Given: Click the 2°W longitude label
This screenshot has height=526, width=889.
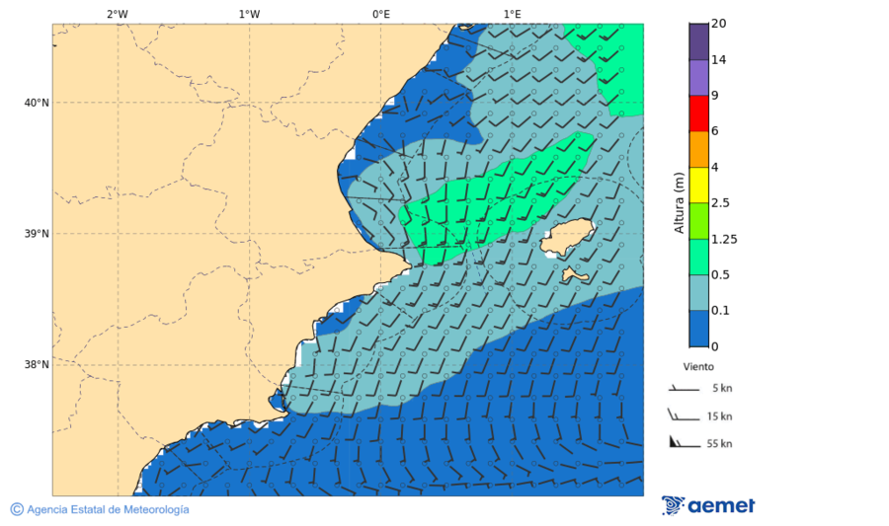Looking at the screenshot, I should [117, 14].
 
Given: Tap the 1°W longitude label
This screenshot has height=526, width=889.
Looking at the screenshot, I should [249, 14].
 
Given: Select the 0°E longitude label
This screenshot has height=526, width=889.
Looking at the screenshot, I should [380, 14].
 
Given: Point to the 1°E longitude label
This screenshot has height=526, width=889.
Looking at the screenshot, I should [512, 14].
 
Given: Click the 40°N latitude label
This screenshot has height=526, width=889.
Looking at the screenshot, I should [37, 103].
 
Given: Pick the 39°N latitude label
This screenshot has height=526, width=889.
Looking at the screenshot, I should [37, 234].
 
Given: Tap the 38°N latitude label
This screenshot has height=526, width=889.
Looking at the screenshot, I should [37, 365].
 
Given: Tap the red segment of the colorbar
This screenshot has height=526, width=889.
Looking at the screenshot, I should [698, 113].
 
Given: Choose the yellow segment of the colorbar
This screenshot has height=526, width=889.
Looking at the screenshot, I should [698, 185].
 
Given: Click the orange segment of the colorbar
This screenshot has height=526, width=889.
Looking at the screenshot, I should [698, 149].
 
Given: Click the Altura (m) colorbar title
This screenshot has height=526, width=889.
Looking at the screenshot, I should [679, 202].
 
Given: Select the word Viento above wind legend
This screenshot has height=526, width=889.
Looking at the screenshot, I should [698, 366].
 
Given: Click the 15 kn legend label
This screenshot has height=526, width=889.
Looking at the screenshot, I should [719, 416].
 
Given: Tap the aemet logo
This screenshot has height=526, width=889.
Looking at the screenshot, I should [707, 505].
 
